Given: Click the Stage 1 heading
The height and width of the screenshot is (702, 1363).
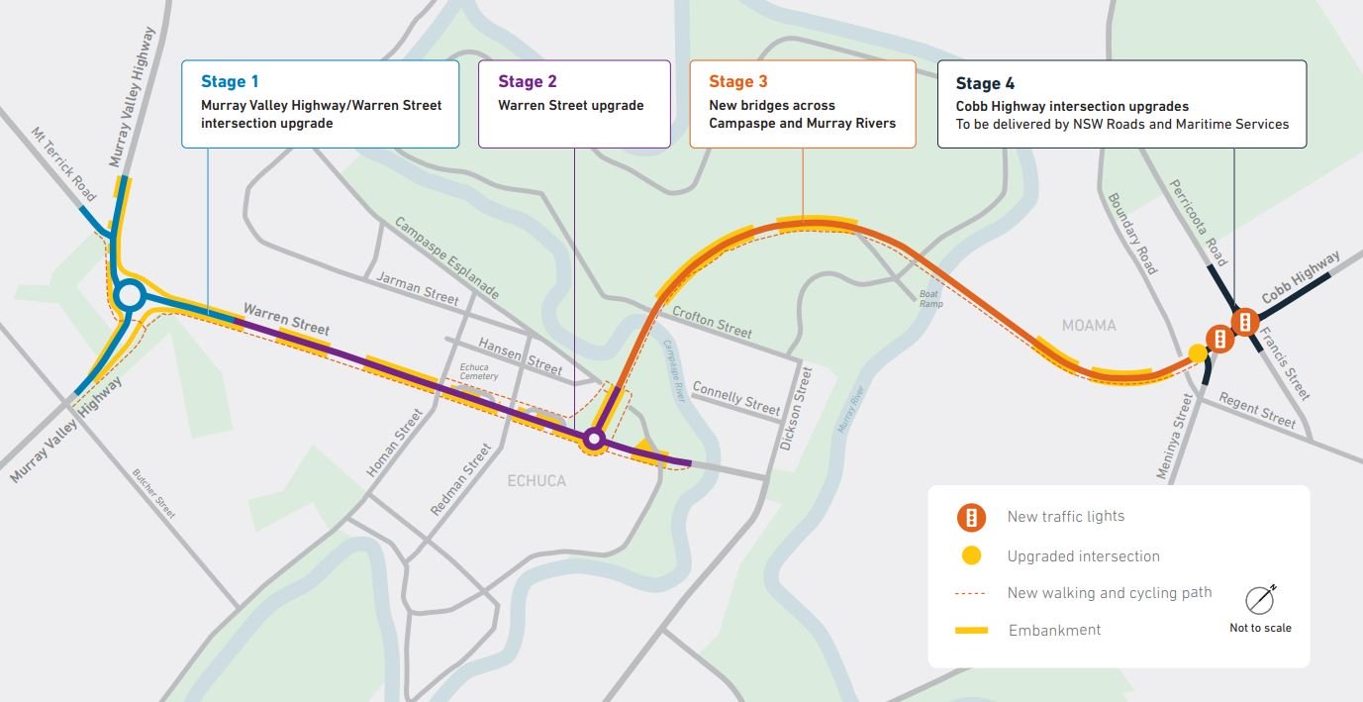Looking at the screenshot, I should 231,81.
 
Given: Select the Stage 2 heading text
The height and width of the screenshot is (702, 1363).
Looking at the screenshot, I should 528,81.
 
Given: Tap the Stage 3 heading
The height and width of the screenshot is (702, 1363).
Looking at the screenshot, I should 738,81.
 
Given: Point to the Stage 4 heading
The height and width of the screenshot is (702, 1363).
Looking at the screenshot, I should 985,83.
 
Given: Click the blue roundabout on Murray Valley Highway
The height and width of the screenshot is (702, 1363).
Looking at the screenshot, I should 129,294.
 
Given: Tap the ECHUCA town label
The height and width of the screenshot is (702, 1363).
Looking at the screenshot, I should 536,481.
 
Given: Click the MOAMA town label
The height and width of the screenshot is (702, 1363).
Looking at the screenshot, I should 1089,326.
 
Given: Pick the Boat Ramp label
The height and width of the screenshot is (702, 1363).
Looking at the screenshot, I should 930,297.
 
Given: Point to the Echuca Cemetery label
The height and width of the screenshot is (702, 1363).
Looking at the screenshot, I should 479,371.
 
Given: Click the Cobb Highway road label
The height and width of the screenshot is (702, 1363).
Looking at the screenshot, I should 1301,278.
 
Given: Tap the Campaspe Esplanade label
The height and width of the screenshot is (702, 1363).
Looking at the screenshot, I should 446,257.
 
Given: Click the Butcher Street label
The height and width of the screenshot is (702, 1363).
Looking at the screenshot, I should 153,492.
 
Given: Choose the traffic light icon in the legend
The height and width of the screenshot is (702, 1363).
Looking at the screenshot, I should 972,517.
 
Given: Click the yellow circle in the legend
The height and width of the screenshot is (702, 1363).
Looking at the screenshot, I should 972,556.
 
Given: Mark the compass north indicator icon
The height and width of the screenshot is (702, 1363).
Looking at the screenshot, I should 1260,599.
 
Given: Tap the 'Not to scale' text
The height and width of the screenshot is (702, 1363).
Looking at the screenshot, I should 1260,628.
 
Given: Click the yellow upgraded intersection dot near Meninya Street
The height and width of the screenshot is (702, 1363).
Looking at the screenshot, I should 1198,352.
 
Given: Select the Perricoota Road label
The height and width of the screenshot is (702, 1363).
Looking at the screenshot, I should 1199,223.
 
